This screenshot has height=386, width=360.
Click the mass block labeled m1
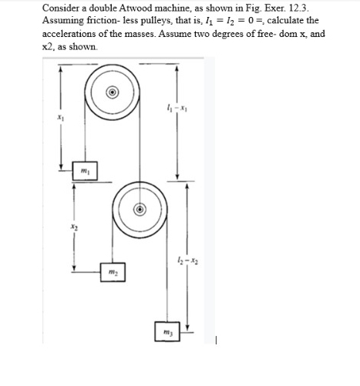pos(86,169)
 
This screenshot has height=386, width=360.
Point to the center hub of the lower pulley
pos(140,208)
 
